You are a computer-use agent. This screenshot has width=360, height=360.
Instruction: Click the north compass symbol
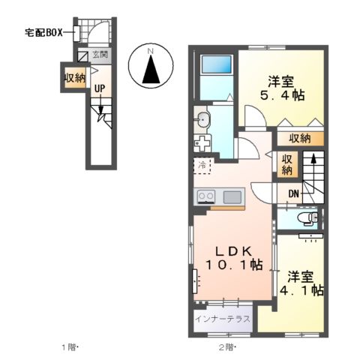[x=150, y=66]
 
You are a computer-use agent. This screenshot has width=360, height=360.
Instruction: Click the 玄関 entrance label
[x=100, y=55]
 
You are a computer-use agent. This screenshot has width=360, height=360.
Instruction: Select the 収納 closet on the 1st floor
[x=74, y=77]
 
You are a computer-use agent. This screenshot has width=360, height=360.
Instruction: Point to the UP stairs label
[x=100, y=89]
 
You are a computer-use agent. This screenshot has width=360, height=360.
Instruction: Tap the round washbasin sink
[x=202, y=119]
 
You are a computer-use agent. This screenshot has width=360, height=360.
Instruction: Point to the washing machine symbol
[x=202, y=142]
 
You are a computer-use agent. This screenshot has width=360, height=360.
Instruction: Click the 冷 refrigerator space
[x=203, y=165]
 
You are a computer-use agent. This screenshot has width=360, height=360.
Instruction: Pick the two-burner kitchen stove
[x=206, y=196]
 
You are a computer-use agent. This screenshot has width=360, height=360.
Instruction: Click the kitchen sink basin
[x=232, y=196]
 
